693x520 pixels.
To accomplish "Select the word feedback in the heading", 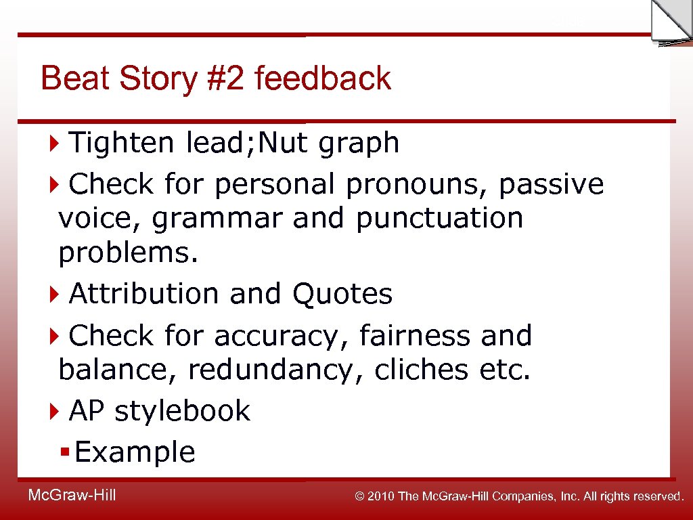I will coord(323,79).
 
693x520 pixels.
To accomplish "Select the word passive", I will coord(551,184).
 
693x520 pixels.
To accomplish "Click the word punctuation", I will coord(439,219).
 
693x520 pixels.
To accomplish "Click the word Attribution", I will coord(144,294).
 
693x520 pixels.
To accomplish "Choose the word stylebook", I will coord(182,411).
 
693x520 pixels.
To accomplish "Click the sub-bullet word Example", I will coord(135,452).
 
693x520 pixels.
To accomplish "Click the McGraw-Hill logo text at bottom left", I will coord(72,496).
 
